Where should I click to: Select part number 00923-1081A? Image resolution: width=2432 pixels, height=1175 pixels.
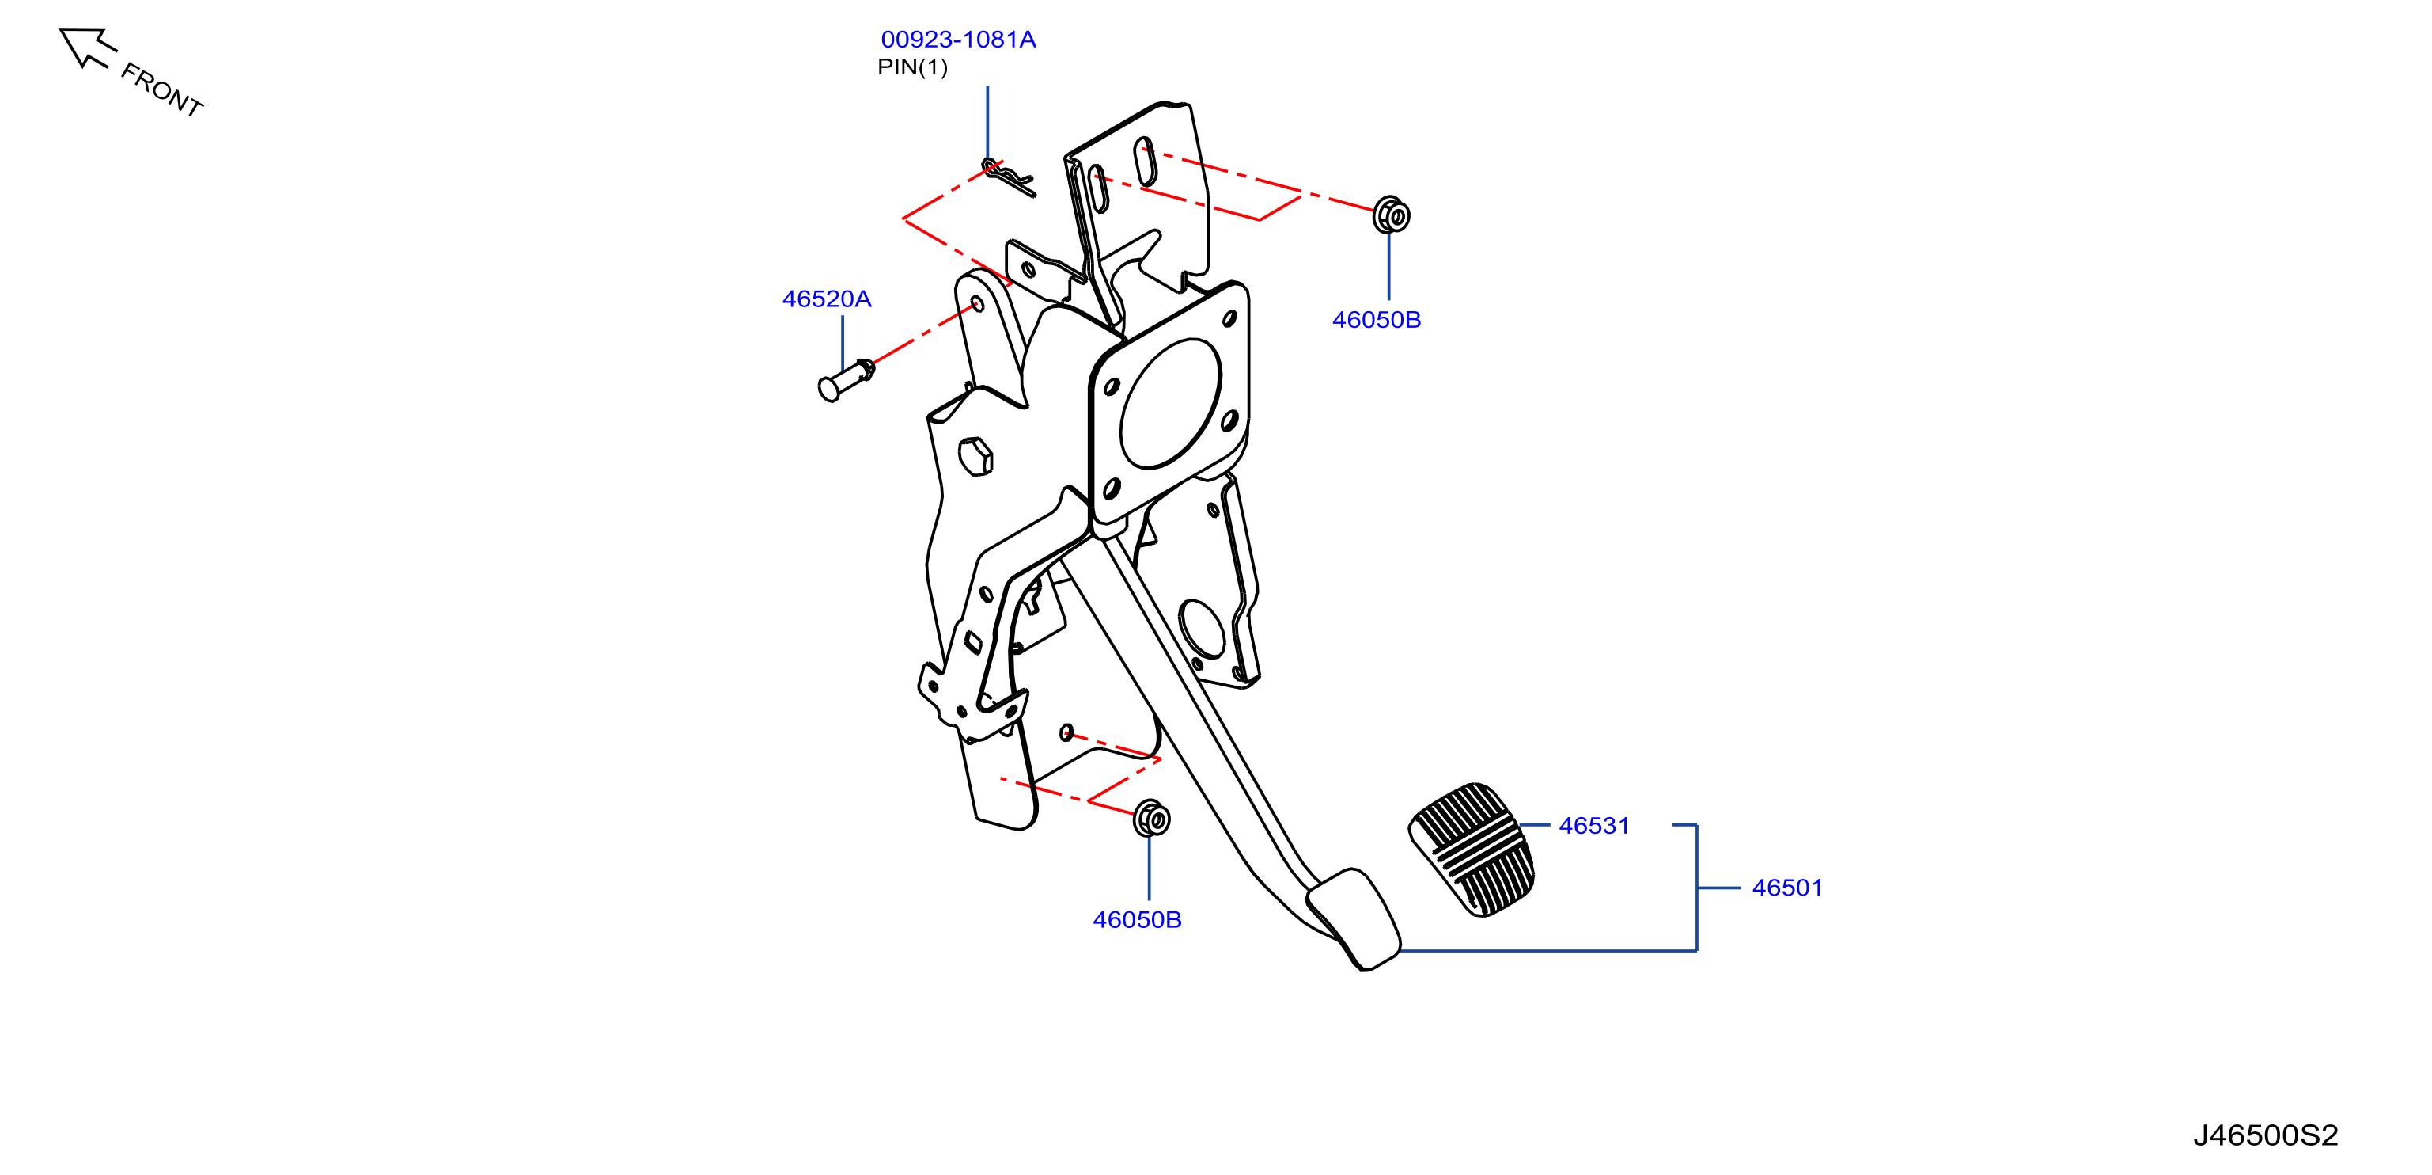[x=958, y=40]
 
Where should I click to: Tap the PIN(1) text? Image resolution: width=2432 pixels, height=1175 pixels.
[x=912, y=67]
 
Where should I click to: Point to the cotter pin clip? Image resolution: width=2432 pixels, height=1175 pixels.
[x=1008, y=177]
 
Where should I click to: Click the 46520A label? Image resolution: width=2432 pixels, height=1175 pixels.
[x=826, y=299]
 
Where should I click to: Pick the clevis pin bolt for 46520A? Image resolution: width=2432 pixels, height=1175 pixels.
[x=846, y=380]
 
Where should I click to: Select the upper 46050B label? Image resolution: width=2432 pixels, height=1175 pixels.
[x=1376, y=320]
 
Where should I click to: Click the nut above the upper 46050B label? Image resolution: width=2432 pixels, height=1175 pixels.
[x=1391, y=215]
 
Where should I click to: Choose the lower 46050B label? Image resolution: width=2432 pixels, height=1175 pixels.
[x=1137, y=920]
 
